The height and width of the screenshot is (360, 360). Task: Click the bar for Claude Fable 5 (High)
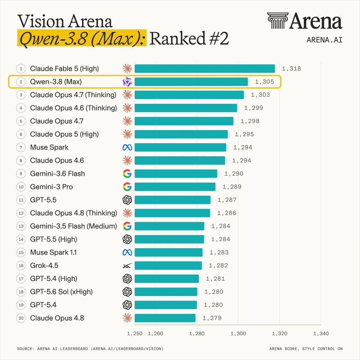(x=205, y=69)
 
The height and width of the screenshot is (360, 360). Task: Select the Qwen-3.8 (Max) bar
(x=191, y=82)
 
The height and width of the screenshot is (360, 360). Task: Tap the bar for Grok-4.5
(x=168, y=265)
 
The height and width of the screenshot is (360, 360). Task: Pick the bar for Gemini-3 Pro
(x=175, y=187)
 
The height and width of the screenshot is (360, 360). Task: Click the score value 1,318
(x=291, y=69)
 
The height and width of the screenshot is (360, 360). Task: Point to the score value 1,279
(x=212, y=318)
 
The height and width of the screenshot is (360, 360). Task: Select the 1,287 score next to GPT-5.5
(x=227, y=200)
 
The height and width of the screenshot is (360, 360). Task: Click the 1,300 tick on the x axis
(x=238, y=333)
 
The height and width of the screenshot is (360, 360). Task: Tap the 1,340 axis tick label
(x=321, y=333)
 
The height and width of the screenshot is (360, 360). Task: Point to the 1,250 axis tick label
(x=135, y=333)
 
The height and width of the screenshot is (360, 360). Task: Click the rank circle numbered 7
(x=21, y=148)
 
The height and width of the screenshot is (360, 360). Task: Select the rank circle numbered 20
(x=21, y=318)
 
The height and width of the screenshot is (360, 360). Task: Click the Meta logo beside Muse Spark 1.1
(x=127, y=252)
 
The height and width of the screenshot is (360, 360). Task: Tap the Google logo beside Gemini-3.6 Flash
(x=127, y=174)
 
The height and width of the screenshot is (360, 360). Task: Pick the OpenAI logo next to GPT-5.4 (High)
(x=127, y=279)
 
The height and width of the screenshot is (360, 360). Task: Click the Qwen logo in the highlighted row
(x=127, y=82)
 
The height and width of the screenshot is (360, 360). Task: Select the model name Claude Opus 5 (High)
(x=64, y=134)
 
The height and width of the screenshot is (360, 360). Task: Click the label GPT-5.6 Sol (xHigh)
(x=61, y=292)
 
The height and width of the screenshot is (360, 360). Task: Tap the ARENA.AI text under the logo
(x=324, y=40)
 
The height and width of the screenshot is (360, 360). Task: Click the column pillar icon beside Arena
(x=278, y=21)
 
